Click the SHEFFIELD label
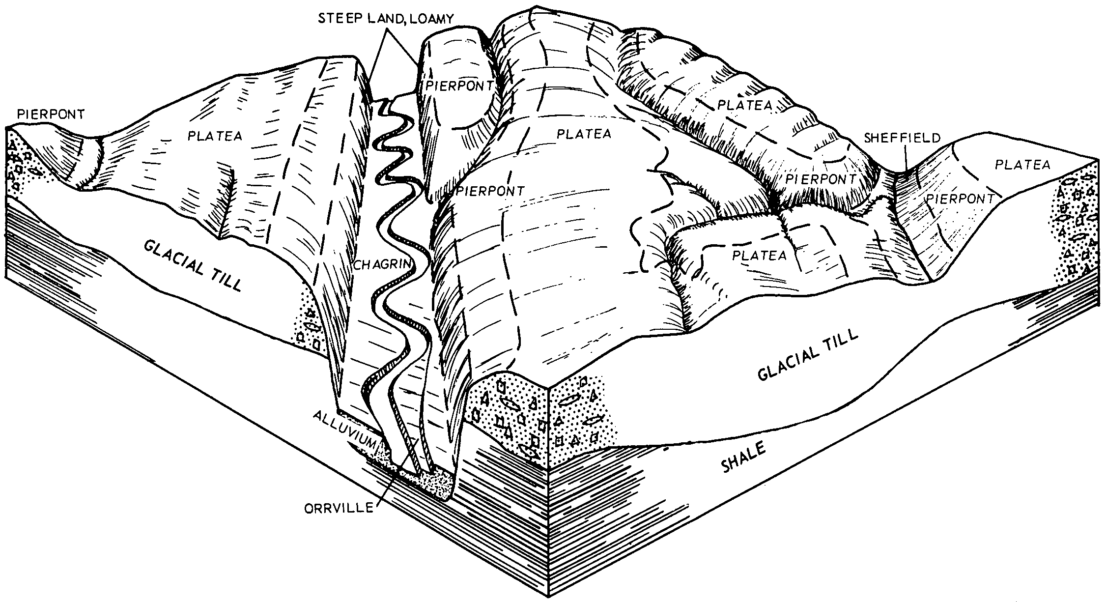pyautogui.click(x=902, y=138)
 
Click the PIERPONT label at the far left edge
pyautogui.click(x=51, y=114)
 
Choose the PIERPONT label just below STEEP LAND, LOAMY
pyautogui.click(x=459, y=86)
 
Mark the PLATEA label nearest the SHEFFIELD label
pyautogui.click(x=1022, y=164)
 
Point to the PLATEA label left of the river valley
pyautogui.click(x=215, y=136)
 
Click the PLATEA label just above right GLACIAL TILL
pyautogui.click(x=760, y=256)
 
